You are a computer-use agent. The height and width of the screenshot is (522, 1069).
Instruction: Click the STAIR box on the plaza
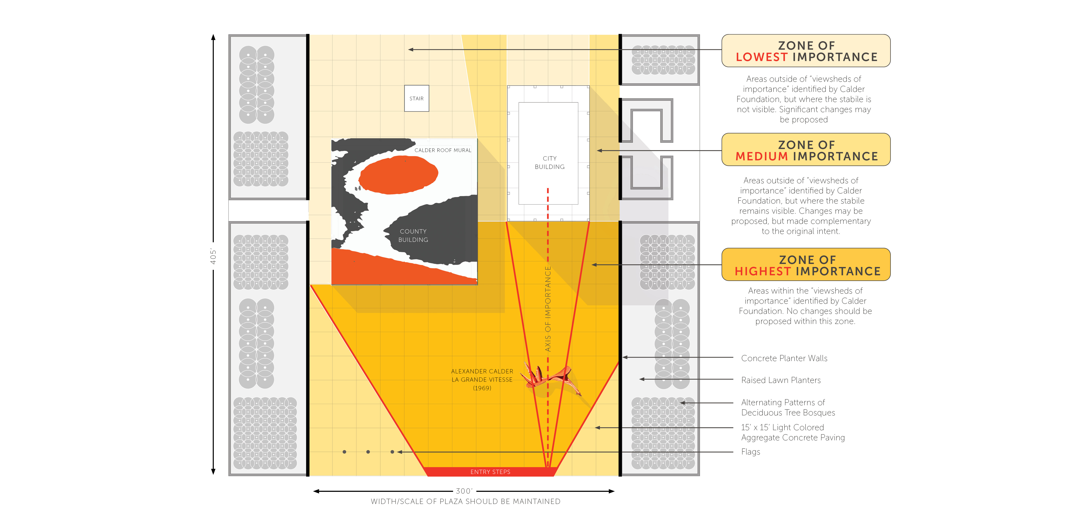tap(416, 99)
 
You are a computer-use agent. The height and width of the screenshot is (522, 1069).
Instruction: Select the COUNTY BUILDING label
tap(413, 236)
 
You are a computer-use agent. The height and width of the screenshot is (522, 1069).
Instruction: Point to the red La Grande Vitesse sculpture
tap(550, 378)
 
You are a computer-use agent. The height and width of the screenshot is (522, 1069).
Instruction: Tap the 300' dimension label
tap(464, 491)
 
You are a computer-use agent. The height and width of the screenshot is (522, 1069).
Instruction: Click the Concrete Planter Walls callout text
tap(784, 358)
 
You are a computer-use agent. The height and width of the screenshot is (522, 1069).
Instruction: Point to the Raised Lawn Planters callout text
tap(781, 380)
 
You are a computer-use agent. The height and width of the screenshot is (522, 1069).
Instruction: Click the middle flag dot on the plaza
tap(368, 452)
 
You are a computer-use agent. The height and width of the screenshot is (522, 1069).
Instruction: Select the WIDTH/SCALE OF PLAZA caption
tap(465, 501)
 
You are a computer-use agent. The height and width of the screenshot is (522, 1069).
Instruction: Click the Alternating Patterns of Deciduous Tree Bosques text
tap(788, 407)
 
